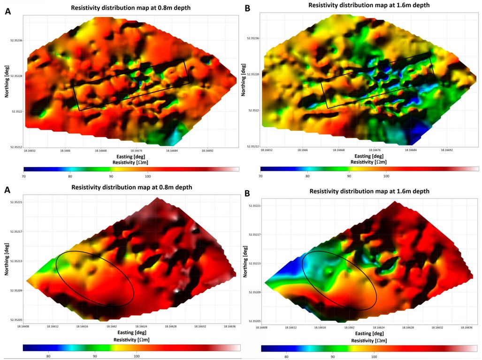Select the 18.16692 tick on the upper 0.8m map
click(x=208, y=151)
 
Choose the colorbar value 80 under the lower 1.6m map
click(x=286, y=356)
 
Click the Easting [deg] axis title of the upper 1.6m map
click(x=368, y=156)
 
